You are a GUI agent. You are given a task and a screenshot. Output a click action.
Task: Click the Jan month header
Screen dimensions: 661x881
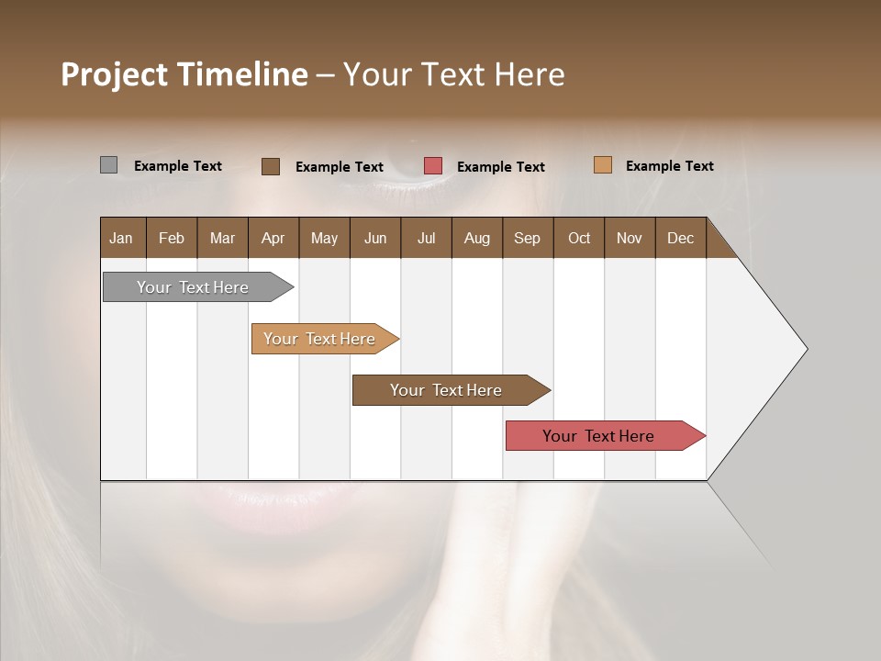click(122, 238)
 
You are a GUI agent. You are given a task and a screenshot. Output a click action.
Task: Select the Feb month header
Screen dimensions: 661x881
click(172, 238)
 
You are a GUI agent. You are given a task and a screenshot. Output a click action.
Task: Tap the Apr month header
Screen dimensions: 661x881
click(273, 238)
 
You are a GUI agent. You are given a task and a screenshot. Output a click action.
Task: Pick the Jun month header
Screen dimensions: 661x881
click(375, 238)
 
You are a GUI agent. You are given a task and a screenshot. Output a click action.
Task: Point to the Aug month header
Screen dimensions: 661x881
click(477, 238)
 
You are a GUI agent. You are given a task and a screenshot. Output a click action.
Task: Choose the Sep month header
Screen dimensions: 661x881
click(528, 238)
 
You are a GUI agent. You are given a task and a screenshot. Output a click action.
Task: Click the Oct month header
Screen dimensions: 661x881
click(579, 238)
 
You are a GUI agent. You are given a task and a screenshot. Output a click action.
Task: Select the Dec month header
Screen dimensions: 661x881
click(681, 238)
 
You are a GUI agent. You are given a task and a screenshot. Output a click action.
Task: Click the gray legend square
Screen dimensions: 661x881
click(109, 165)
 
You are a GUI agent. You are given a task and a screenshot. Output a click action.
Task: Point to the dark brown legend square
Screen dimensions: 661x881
click(271, 166)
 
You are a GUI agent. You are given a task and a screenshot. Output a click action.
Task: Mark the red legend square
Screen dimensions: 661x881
click(433, 166)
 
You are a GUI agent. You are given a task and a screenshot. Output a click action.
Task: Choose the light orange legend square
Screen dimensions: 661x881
click(602, 165)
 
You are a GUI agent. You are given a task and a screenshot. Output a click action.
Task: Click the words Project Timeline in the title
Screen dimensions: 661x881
click(184, 74)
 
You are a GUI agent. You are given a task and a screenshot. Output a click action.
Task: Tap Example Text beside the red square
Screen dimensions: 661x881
click(500, 167)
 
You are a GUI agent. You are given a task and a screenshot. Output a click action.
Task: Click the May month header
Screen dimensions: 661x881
click(324, 238)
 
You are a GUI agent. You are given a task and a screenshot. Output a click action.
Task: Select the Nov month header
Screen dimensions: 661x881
click(630, 238)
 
